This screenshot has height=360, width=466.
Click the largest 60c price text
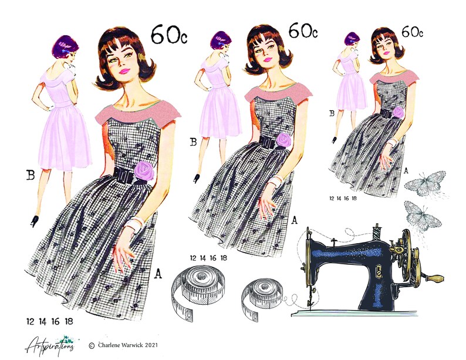[170, 35]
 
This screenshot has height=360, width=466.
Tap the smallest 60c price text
[413, 32]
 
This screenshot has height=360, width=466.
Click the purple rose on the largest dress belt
[144, 170]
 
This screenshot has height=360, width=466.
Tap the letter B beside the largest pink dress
[31, 174]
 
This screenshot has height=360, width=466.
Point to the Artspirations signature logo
[49, 342]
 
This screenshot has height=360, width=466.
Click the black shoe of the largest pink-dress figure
[35, 221]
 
